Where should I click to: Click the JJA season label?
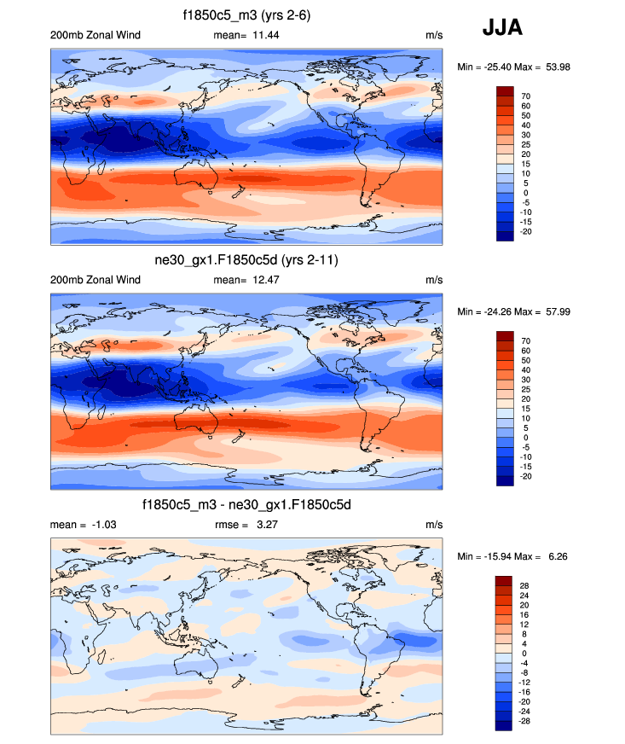(x=502, y=28)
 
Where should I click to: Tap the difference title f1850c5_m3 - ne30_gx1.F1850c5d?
(x=246, y=505)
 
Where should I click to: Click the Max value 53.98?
(x=554, y=67)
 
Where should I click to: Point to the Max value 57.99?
(x=554, y=311)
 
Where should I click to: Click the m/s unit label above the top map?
(x=434, y=35)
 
